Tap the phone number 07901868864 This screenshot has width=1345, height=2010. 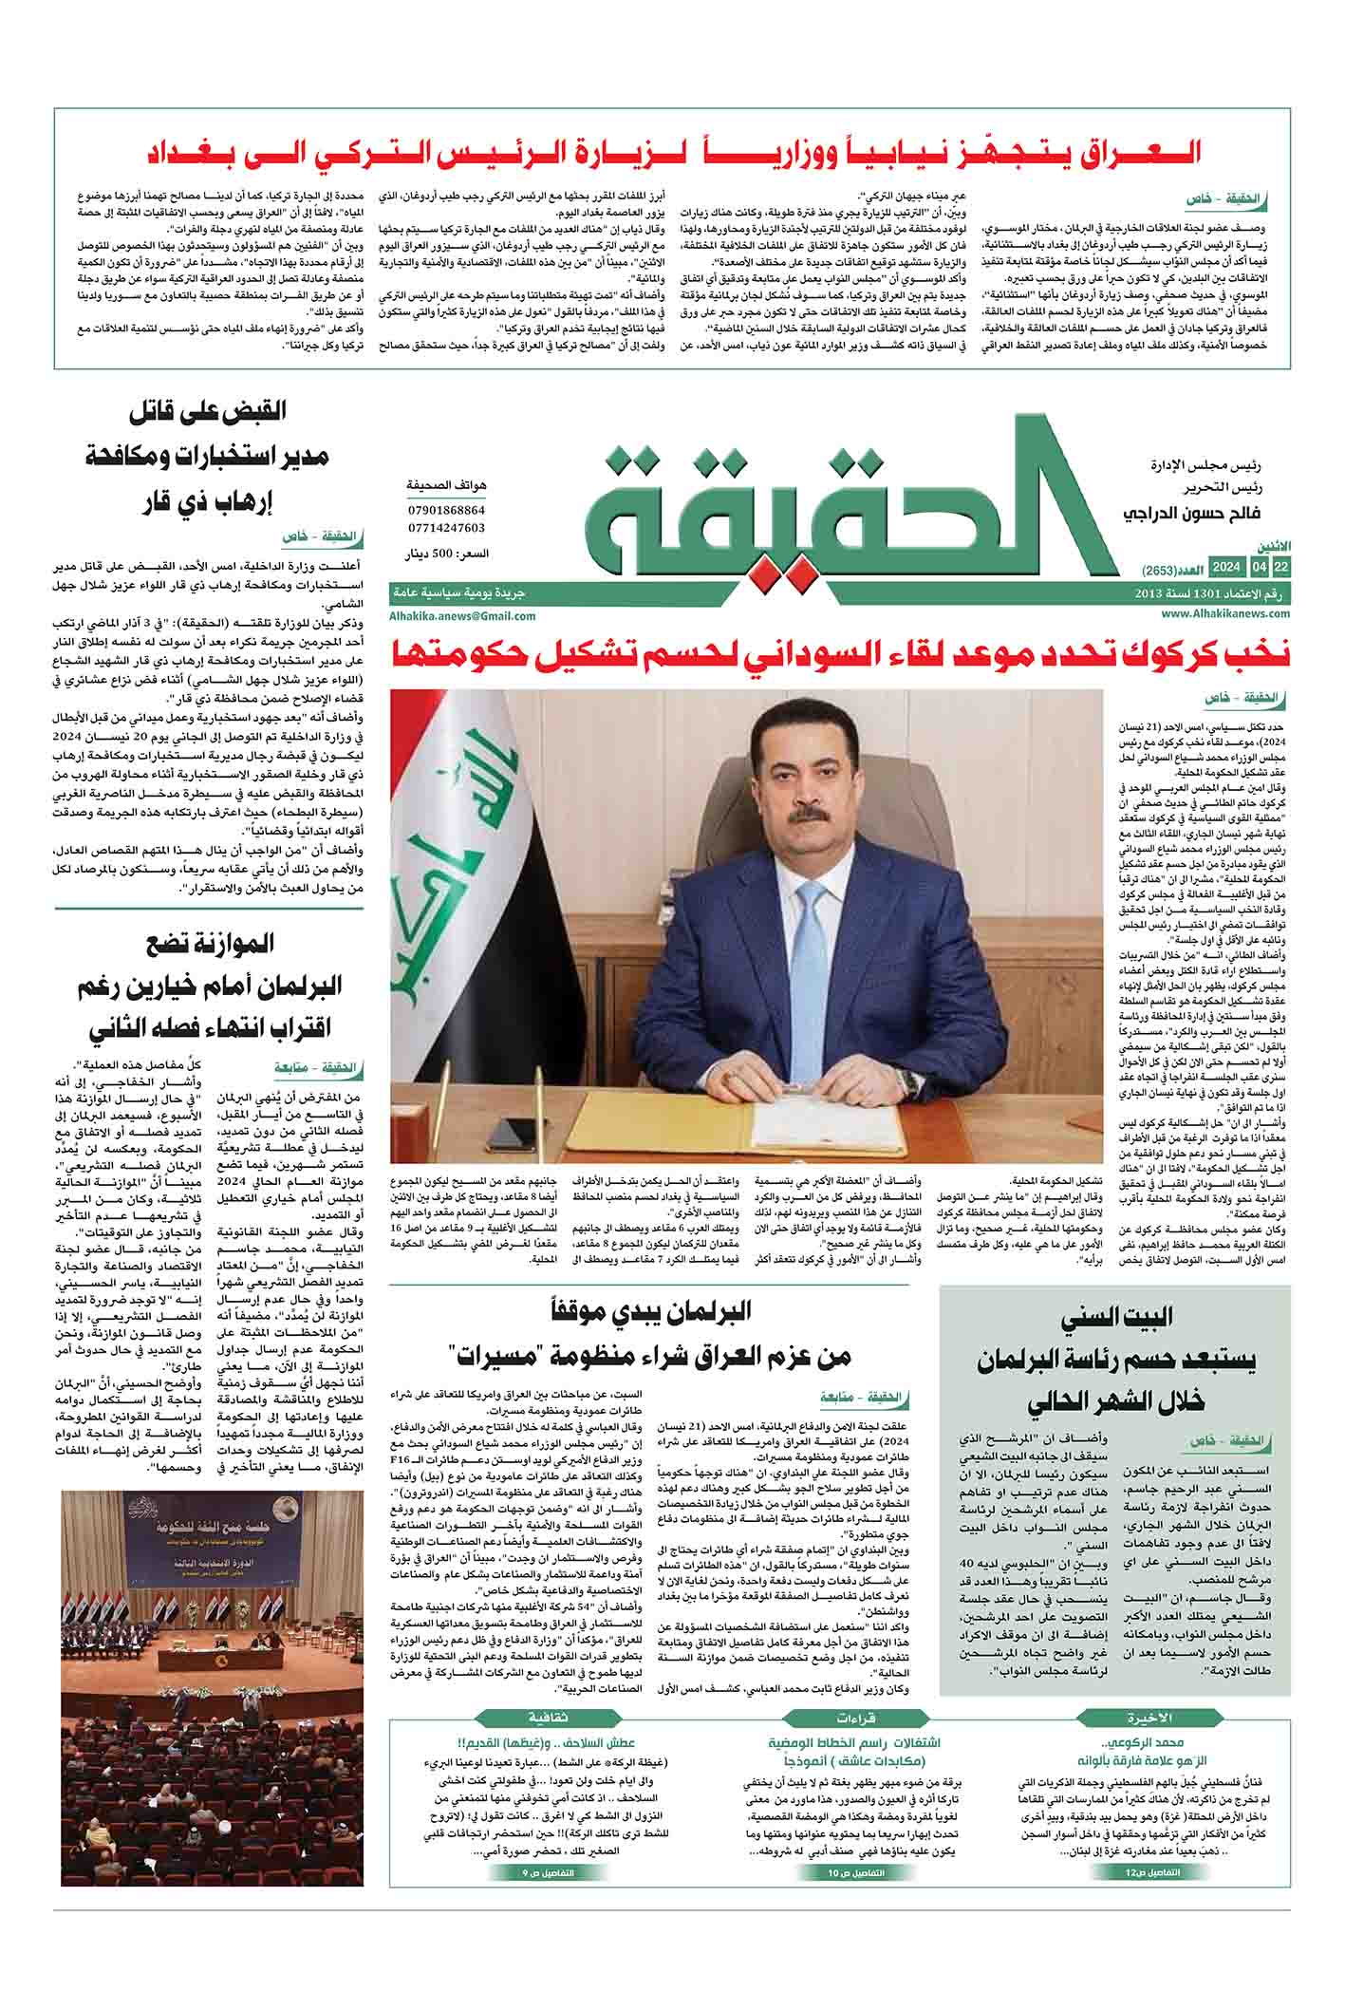446,510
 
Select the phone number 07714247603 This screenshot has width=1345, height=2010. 446,527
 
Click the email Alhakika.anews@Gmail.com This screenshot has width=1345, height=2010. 462,615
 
